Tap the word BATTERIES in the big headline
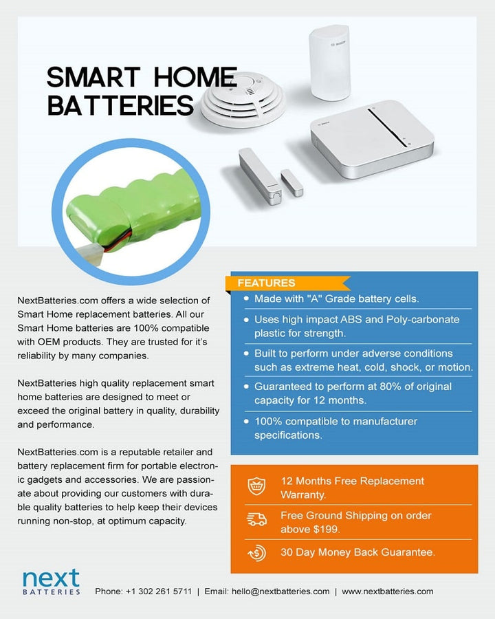pos(120,105)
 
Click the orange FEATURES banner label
pos(266,283)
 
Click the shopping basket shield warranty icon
pos(256,487)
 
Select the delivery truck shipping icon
pos(256,521)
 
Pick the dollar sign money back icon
pos(256,552)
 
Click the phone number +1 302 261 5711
pos(159,591)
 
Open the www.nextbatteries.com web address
pos(387,591)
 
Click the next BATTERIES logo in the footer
pos(51,581)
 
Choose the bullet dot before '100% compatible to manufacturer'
pos(246,420)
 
